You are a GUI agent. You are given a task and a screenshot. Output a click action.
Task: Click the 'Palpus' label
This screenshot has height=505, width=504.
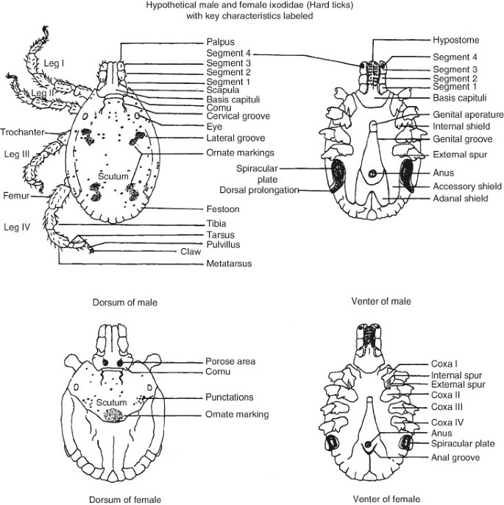tap(221, 42)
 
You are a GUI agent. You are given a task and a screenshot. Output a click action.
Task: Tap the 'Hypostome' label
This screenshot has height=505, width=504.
tap(455, 40)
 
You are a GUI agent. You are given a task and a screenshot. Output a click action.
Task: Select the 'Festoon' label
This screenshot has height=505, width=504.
tap(223, 209)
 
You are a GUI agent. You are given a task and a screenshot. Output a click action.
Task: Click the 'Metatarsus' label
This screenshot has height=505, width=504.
tap(229, 264)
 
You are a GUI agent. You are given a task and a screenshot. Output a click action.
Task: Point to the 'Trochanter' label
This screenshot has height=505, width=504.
tap(22, 132)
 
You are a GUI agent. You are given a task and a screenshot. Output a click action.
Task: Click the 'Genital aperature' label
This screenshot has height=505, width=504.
tap(468, 115)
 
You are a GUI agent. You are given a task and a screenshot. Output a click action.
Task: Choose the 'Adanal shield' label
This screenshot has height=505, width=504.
tap(461, 199)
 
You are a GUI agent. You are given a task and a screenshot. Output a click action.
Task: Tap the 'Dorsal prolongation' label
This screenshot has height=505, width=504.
tap(259, 190)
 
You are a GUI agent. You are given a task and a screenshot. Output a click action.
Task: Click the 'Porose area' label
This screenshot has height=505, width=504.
tap(230, 361)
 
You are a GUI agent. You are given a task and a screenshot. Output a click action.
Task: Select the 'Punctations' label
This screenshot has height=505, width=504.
tap(229, 397)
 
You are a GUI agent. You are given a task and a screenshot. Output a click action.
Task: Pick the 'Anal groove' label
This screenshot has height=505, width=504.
tap(455, 458)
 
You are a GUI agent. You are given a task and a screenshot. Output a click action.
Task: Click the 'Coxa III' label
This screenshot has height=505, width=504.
tap(447, 407)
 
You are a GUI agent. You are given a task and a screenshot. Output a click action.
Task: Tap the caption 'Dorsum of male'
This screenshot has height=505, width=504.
tap(125, 303)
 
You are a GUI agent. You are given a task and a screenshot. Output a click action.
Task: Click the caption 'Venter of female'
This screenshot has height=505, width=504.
tap(386, 499)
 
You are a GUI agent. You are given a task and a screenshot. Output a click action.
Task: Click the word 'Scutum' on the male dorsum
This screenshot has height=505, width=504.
tap(113, 176)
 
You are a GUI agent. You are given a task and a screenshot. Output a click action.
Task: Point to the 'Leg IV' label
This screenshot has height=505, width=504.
tap(17, 227)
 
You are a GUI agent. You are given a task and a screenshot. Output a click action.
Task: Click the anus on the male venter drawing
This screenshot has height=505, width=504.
tap(372, 173)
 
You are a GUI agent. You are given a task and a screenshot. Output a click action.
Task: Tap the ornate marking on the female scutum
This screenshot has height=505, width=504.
tap(113, 415)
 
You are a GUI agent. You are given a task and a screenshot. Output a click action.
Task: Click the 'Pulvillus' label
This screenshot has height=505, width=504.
tap(223, 244)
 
